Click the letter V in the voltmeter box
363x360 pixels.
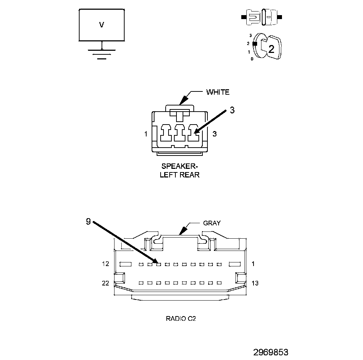(102, 25)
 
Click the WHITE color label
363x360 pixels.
(218, 92)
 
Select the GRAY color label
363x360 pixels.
(212, 223)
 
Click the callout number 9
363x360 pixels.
(88, 222)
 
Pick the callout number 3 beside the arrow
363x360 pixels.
(232, 111)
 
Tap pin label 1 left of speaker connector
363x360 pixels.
(145, 134)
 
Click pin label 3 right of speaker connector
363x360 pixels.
(214, 134)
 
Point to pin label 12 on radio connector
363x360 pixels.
(105, 264)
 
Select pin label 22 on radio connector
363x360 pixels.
(105, 283)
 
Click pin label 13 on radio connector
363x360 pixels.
(255, 283)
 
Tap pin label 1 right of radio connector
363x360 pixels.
(253, 264)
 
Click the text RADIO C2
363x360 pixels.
(181, 319)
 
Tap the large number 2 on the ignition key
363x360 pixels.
(271, 49)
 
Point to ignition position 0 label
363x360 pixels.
(252, 59)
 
